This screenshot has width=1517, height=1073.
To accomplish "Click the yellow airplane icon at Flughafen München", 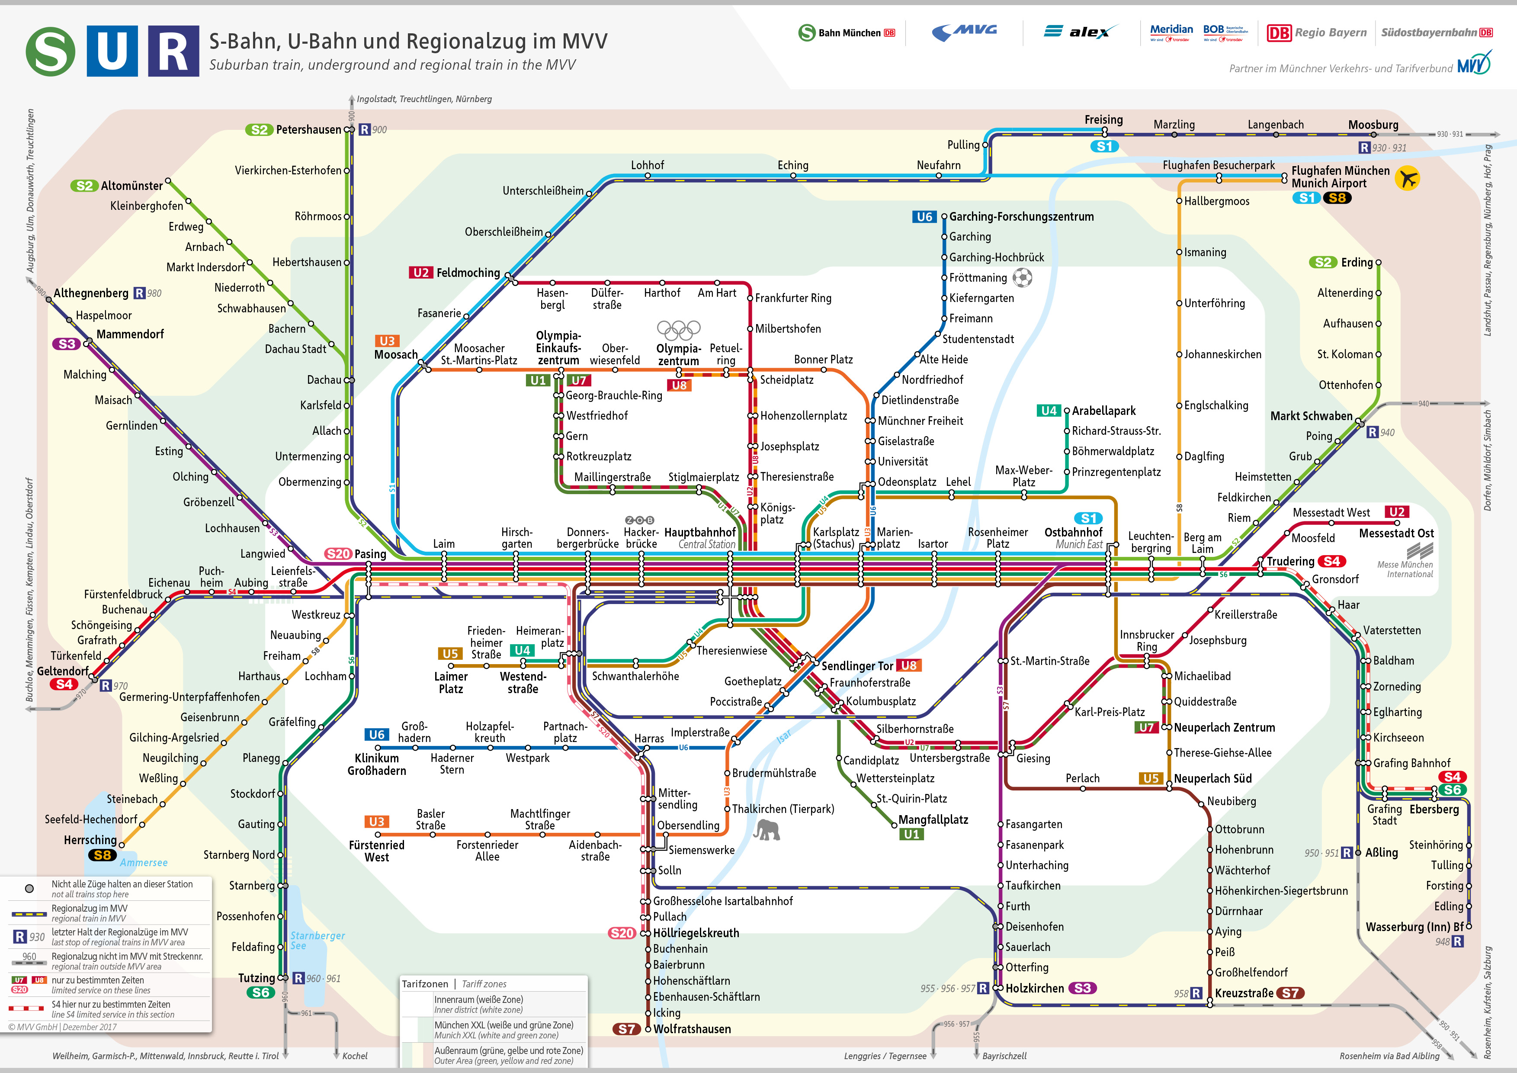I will (1407, 178).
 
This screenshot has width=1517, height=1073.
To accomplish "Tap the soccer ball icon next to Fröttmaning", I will (1022, 277).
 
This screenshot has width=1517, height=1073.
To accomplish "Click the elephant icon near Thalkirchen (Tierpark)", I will (767, 830).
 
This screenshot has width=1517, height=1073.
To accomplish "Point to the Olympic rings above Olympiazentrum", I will (679, 328).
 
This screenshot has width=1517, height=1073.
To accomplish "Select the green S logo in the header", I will (50, 51).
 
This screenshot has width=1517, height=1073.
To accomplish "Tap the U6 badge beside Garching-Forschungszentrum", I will (924, 217).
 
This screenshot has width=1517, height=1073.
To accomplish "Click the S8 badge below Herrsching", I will (103, 855).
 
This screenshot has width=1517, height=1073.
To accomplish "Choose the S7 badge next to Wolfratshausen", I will (626, 1029).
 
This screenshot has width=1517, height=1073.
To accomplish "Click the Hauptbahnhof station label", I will (700, 532).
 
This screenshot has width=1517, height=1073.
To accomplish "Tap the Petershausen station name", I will (308, 129).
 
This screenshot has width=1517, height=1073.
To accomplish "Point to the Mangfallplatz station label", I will (933, 820).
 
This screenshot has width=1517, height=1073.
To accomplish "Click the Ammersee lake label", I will (143, 862).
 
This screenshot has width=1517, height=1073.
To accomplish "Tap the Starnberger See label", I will (317, 940).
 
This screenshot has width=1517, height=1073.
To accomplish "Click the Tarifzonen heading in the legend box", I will (425, 984).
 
